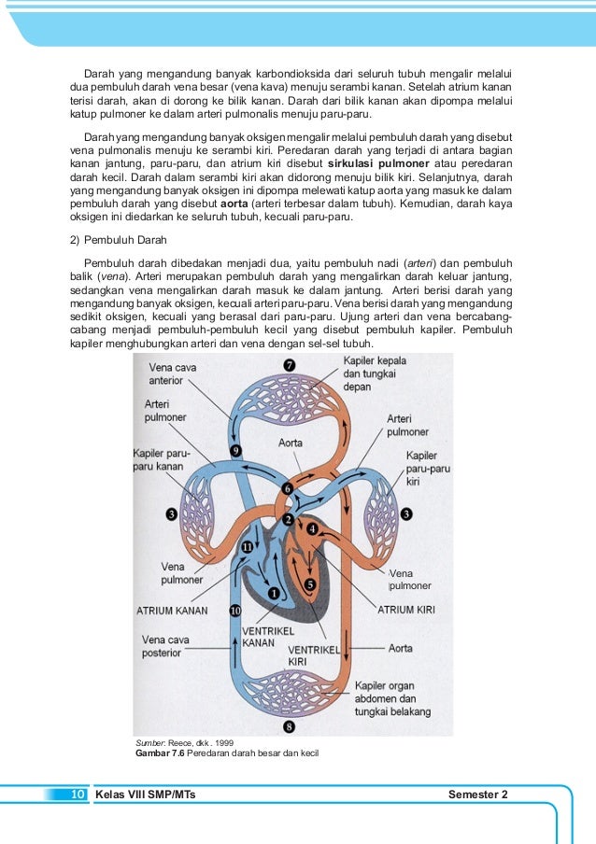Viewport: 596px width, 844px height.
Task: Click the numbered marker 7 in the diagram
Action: pyautogui.click(x=290, y=365)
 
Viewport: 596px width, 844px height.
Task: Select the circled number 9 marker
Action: pyautogui.click(x=236, y=451)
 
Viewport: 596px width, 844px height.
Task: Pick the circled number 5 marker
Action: pyautogui.click(x=310, y=584)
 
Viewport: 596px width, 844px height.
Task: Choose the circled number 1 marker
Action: pyautogui.click(x=273, y=592)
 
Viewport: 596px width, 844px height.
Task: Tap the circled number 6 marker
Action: pyautogui.click(x=288, y=488)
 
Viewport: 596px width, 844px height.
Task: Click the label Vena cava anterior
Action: pyautogui.click(x=172, y=374)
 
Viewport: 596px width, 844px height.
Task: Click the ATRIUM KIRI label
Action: pyautogui.click(x=406, y=610)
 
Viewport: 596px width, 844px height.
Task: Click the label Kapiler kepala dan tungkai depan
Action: pyautogui.click(x=376, y=373)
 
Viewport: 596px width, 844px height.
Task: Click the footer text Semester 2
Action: pyautogui.click(x=478, y=795)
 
